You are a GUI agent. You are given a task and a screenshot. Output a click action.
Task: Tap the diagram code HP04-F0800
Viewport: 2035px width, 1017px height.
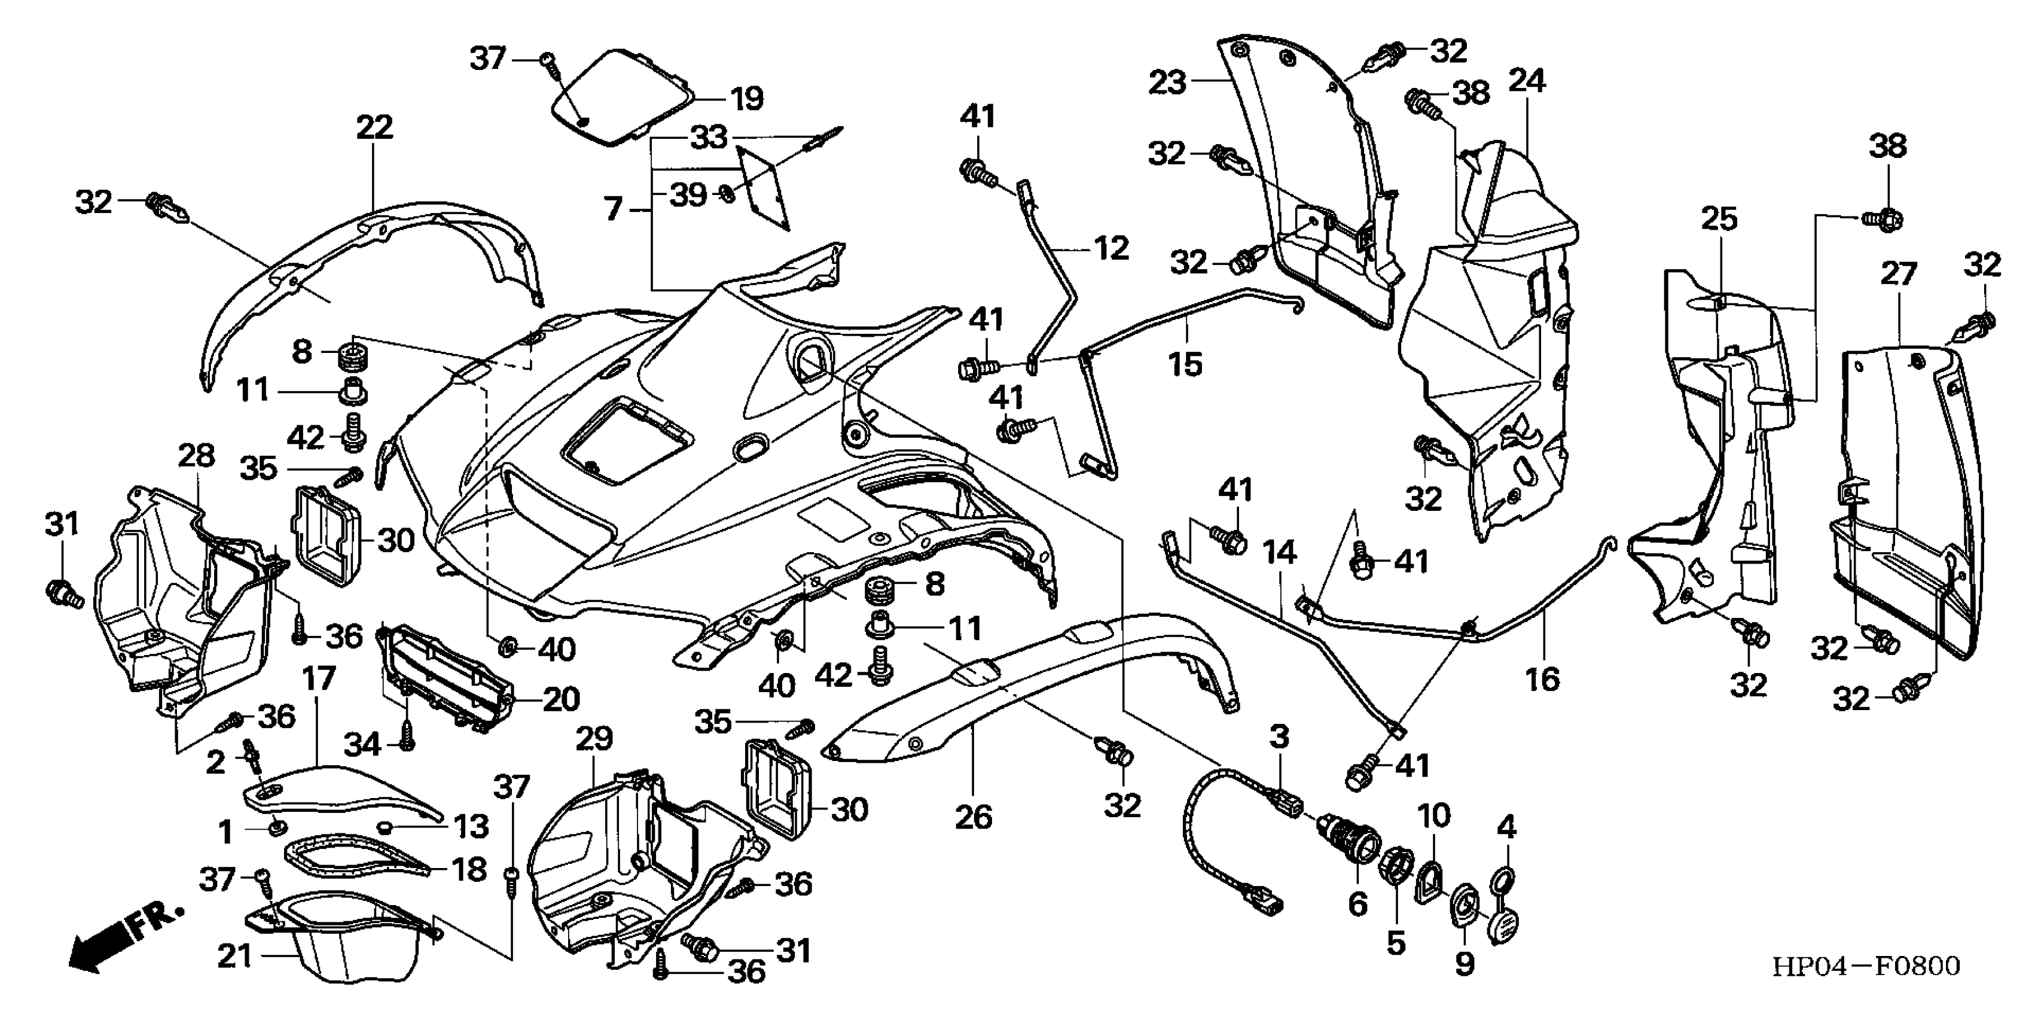coord(1866,966)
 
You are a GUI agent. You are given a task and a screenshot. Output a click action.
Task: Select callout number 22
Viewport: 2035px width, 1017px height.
coord(374,127)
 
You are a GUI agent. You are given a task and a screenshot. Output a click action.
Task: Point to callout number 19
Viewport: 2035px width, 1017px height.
coord(745,99)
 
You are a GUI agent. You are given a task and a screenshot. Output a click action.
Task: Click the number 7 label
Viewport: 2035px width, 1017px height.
coord(614,209)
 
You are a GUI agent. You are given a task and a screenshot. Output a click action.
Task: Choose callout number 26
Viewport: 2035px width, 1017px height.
coord(974,817)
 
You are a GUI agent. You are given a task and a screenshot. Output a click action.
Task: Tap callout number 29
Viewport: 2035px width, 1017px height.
coord(593,739)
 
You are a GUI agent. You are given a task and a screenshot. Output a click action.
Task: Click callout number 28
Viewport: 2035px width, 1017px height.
coord(196,456)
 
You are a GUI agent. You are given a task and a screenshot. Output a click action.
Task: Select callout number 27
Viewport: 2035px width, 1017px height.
coord(1898,273)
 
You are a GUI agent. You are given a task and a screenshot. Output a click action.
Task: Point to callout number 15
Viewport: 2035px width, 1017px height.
coord(1185,364)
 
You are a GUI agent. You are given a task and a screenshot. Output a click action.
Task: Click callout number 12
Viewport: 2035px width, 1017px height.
coord(1110,249)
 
